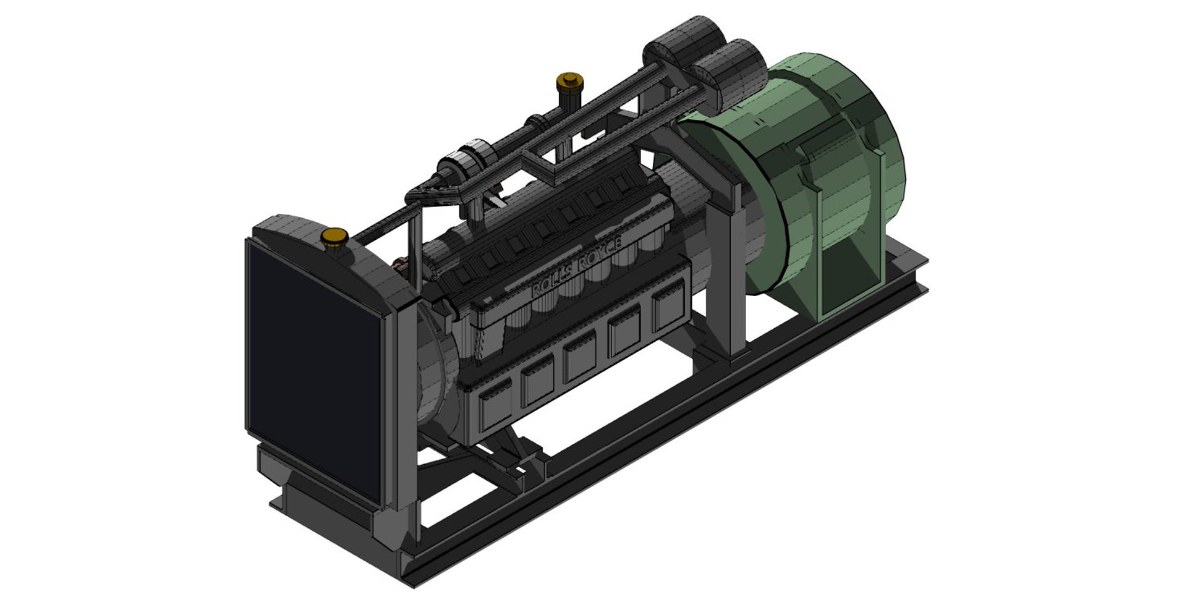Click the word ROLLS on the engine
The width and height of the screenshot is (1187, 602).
pos(554,285)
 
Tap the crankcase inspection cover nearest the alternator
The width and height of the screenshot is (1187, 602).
pos(669,307)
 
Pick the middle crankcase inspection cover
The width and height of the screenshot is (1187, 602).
pos(579,358)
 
